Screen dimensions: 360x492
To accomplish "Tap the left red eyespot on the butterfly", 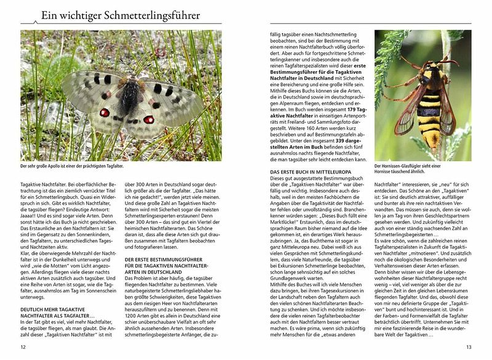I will (105, 113).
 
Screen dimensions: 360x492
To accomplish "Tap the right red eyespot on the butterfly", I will (148, 119).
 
